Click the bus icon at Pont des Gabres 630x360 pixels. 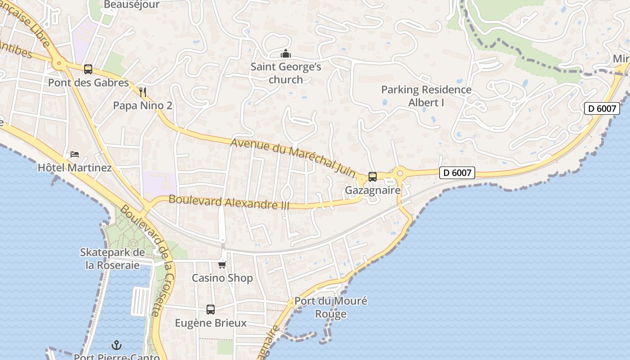[x=88, y=69]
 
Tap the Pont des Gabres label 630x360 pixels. [x=88, y=83]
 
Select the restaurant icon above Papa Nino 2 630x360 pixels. [x=143, y=93]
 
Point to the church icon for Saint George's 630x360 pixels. [x=286, y=54]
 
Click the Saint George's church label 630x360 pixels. [x=286, y=73]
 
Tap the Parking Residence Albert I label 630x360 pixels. [x=426, y=96]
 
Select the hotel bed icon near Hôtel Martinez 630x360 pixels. [x=75, y=155]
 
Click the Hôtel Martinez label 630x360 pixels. [x=75, y=168]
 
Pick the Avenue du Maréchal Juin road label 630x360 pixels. [x=292, y=156]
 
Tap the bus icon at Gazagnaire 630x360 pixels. [x=373, y=176]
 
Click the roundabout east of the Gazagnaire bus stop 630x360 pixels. [x=399, y=172]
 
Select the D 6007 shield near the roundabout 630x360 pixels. [x=457, y=172]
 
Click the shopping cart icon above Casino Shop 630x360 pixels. [x=222, y=265]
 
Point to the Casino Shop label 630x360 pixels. [x=222, y=278]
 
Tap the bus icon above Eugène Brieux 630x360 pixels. [x=211, y=310]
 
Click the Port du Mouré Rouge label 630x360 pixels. [x=331, y=307]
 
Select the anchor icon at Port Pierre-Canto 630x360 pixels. [x=117, y=345]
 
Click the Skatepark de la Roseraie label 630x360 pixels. [x=112, y=259]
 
